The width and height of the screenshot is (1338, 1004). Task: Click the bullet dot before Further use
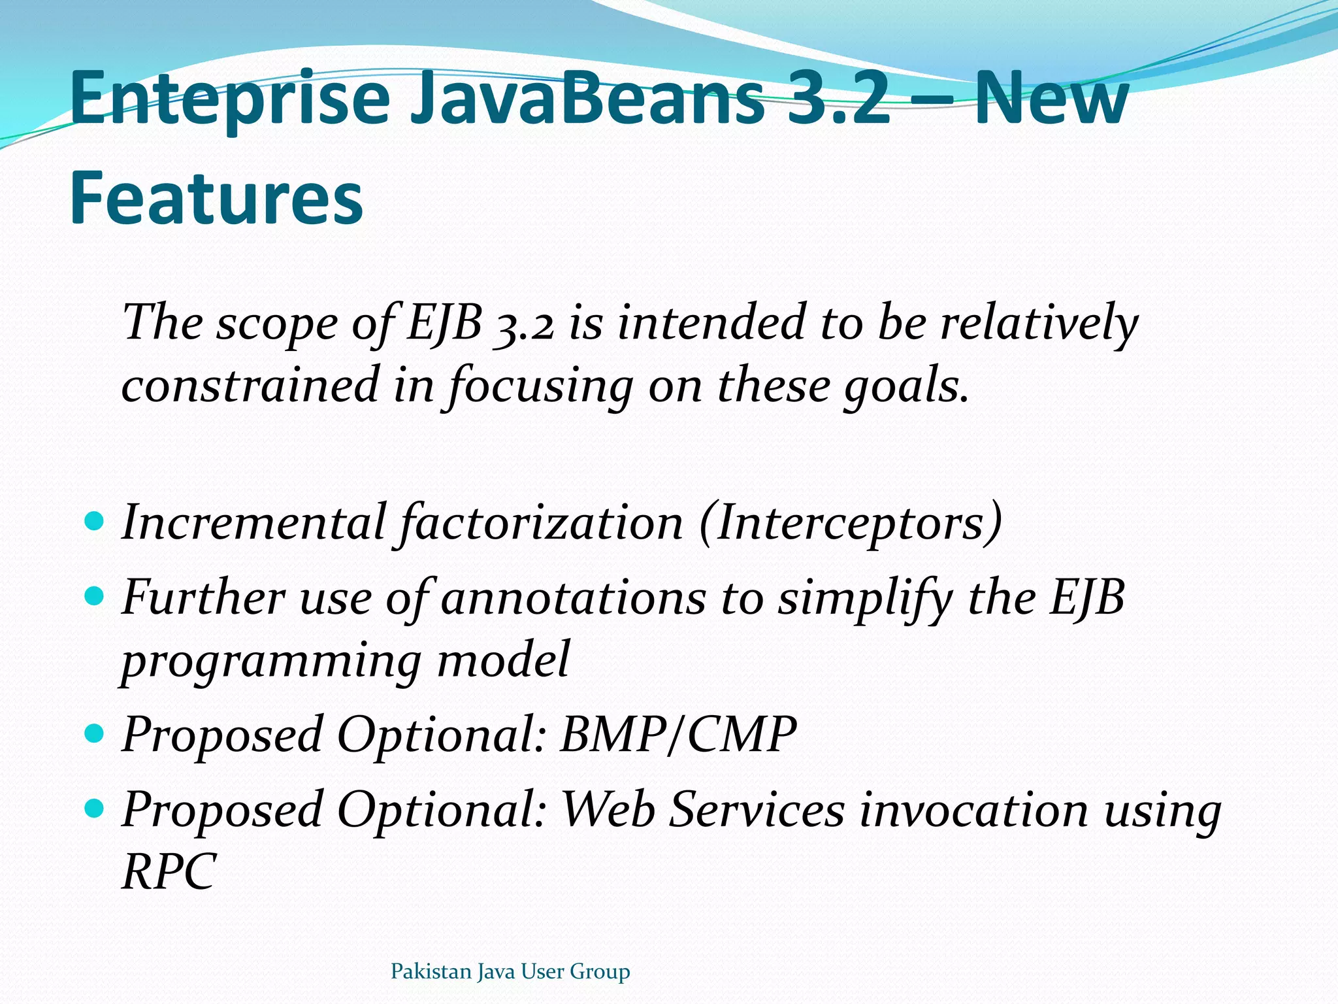(95, 596)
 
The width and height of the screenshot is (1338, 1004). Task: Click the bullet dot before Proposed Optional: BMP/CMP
(95, 733)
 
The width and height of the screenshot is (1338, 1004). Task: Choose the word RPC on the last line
(169, 872)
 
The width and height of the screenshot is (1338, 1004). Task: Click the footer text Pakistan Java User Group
(510, 972)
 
